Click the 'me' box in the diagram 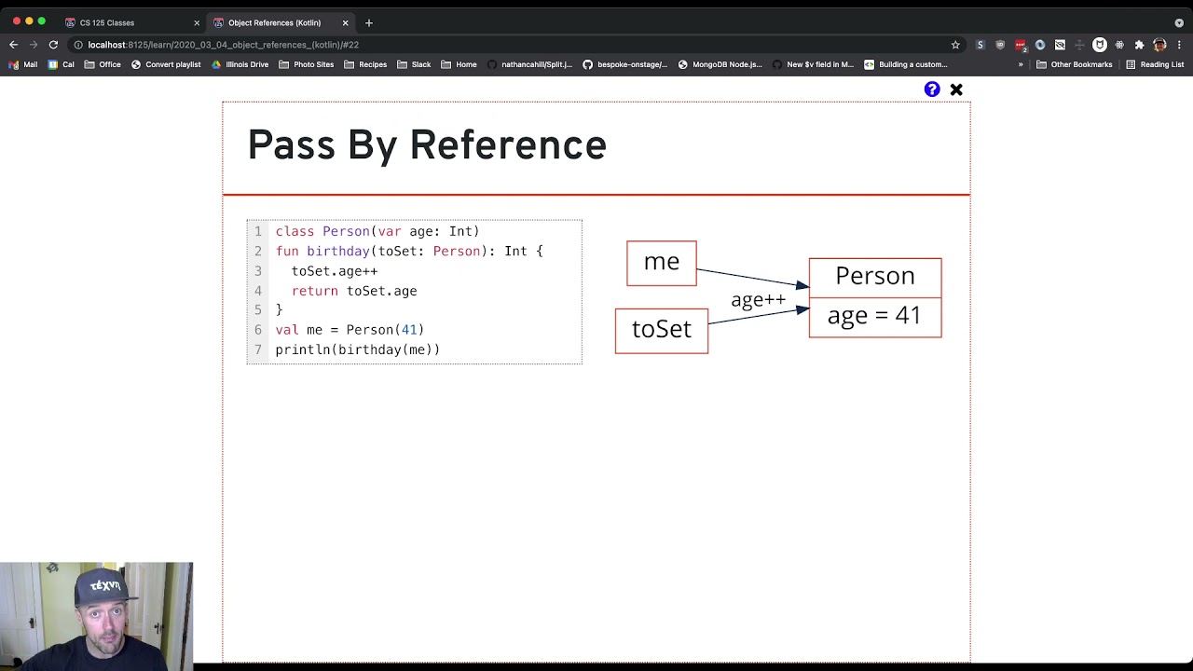pyautogui.click(x=661, y=263)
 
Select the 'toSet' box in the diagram pyautogui.click(x=661, y=330)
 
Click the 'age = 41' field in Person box pyautogui.click(x=874, y=316)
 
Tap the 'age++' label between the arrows pyautogui.click(x=758, y=300)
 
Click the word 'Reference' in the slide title pyautogui.click(x=508, y=146)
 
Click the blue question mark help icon pyautogui.click(x=932, y=89)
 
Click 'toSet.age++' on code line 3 pyautogui.click(x=334, y=271)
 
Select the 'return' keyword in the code pyautogui.click(x=314, y=291)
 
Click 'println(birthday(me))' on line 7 pyautogui.click(x=357, y=349)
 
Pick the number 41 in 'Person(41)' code pyautogui.click(x=408, y=330)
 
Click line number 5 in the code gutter pyautogui.click(x=258, y=309)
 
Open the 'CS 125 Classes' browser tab pyautogui.click(x=107, y=22)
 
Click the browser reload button pyautogui.click(x=53, y=45)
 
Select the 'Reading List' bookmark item pyautogui.click(x=1155, y=64)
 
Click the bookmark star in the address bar pyautogui.click(x=955, y=45)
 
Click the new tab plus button pyautogui.click(x=369, y=22)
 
